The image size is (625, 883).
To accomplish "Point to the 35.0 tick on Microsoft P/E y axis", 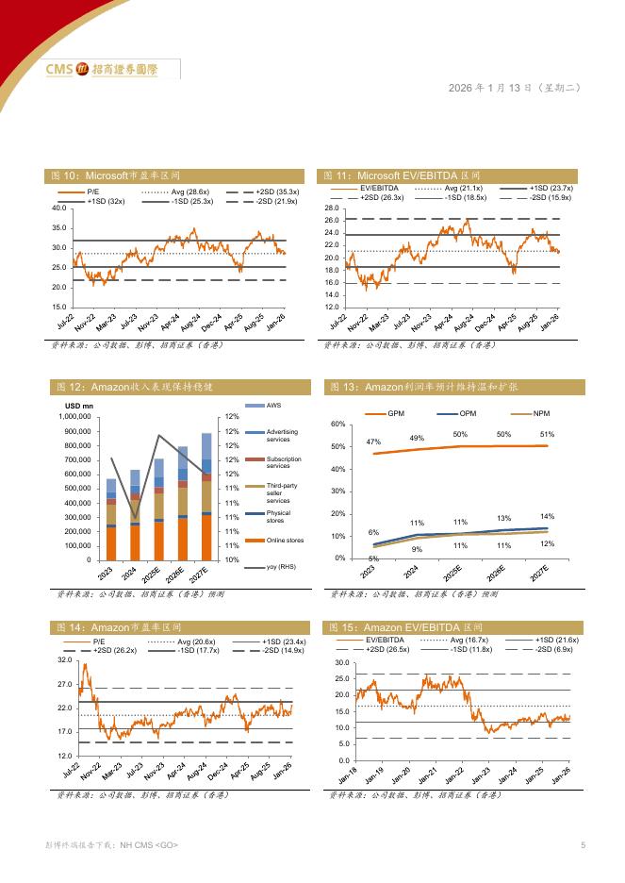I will point(58,227).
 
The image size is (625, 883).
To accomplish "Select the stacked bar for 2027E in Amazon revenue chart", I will point(206,496).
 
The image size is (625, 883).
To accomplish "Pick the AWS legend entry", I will point(261,405).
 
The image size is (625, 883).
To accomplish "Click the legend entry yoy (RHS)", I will point(268,569).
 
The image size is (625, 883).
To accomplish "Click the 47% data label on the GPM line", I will point(373,441).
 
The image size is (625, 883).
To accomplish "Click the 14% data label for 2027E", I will point(547,516).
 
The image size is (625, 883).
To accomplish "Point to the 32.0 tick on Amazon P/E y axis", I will point(64,660).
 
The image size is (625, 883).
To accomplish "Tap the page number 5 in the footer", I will point(583,845).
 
